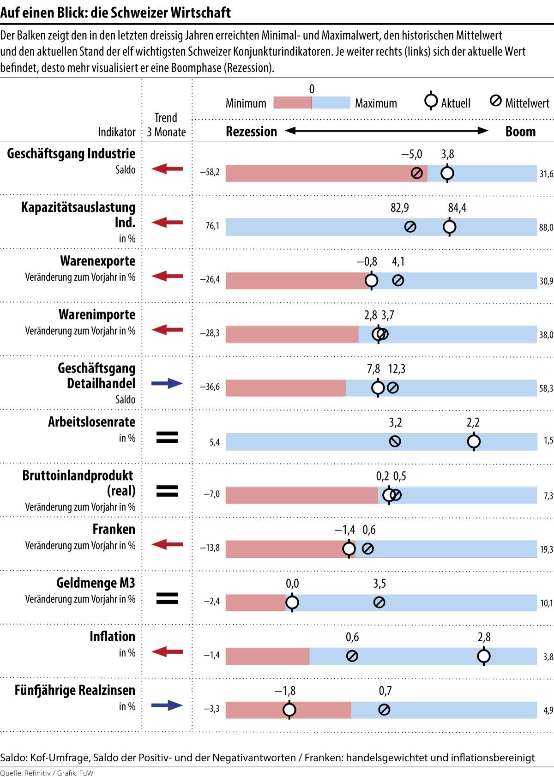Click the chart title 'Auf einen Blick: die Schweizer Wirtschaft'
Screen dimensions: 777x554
pyautogui.click(x=115, y=12)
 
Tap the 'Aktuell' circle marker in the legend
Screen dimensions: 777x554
pyautogui.click(x=431, y=101)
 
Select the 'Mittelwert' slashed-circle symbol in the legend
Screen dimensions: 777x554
pyautogui.click(x=495, y=101)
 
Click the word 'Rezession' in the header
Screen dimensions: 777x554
pyautogui.click(x=251, y=132)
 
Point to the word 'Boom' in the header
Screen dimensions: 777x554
pyautogui.click(x=520, y=132)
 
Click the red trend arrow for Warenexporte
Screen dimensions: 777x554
pyautogui.click(x=167, y=277)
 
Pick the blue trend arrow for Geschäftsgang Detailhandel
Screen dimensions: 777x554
pyautogui.click(x=167, y=383)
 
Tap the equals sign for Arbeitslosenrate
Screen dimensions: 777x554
pyautogui.click(x=167, y=437)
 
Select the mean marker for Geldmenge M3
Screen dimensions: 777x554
pyautogui.click(x=379, y=602)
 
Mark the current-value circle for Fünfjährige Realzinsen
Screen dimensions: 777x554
pyautogui.click(x=289, y=710)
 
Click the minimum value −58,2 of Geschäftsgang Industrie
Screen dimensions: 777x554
pyautogui.click(x=210, y=173)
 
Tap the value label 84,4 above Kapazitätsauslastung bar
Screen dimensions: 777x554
pyautogui.click(x=457, y=208)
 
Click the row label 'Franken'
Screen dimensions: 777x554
pyautogui.click(x=114, y=529)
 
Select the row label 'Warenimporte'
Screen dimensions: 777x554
pyautogui.click(x=97, y=315)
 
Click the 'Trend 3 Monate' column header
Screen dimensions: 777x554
pyautogui.click(x=166, y=125)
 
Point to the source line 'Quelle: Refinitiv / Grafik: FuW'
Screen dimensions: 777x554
pyautogui.click(x=47, y=773)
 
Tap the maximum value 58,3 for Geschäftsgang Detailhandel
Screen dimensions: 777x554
pyautogui.click(x=546, y=388)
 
